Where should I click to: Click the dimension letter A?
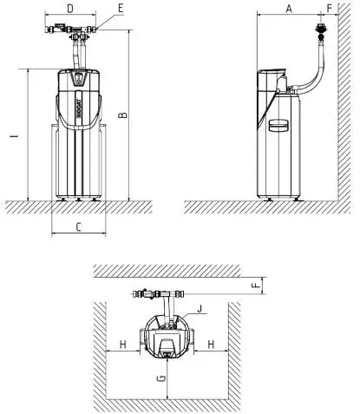pos(289,9)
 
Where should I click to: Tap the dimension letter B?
pos(123,115)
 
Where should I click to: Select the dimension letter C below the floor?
pos(79,227)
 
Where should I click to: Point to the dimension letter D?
pos(70,9)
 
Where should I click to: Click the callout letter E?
pos(121,9)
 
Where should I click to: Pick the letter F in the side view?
pos(330,9)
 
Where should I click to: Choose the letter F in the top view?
pos(256,286)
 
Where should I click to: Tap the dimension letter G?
pos(162,378)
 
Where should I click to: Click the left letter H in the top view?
pos(123,345)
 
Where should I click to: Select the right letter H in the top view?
pos(212,345)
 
